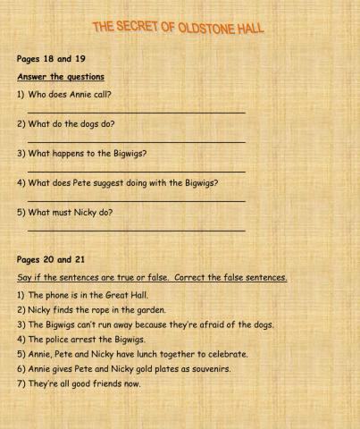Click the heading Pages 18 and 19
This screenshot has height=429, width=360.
pyautogui.click(x=51, y=60)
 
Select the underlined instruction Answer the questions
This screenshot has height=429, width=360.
pyautogui.click(x=61, y=77)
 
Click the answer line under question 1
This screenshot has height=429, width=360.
pyautogui.click(x=136, y=112)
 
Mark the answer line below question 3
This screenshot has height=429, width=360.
pyautogui.click(x=136, y=171)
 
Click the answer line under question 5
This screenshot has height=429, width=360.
pyautogui.click(x=136, y=231)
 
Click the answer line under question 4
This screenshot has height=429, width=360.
pyautogui.click(x=136, y=200)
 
